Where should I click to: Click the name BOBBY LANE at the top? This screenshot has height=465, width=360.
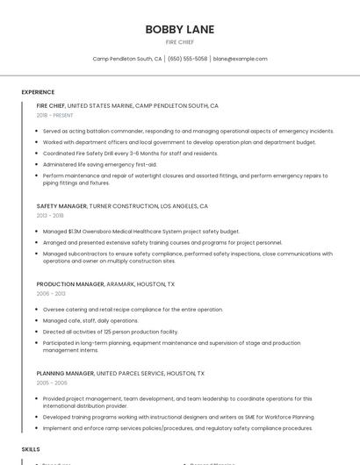(180, 29)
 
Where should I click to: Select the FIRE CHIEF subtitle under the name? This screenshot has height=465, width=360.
(180, 42)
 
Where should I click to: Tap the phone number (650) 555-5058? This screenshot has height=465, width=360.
(187, 59)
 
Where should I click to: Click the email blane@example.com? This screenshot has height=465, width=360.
(240, 59)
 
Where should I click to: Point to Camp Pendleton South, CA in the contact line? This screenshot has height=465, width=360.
(127, 59)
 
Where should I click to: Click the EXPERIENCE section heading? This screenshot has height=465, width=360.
(38, 92)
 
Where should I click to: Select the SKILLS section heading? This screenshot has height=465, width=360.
(31, 448)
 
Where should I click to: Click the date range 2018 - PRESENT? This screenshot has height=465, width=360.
(55, 115)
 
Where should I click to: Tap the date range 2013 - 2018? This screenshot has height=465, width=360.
(50, 215)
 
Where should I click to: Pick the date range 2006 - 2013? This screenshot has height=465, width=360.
(50, 294)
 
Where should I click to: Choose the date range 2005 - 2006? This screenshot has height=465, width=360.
(52, 383)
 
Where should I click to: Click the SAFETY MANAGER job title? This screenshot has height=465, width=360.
(61, 206)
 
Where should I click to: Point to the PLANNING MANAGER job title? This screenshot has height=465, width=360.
(65, 373)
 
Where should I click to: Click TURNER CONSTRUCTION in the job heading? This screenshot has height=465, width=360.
(123, 206)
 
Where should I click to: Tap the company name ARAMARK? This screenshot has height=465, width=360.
(121, 284)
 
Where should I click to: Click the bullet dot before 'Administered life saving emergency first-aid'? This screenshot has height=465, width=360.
(39, 164)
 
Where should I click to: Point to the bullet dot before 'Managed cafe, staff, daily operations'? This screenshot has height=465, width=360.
(39, 321)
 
